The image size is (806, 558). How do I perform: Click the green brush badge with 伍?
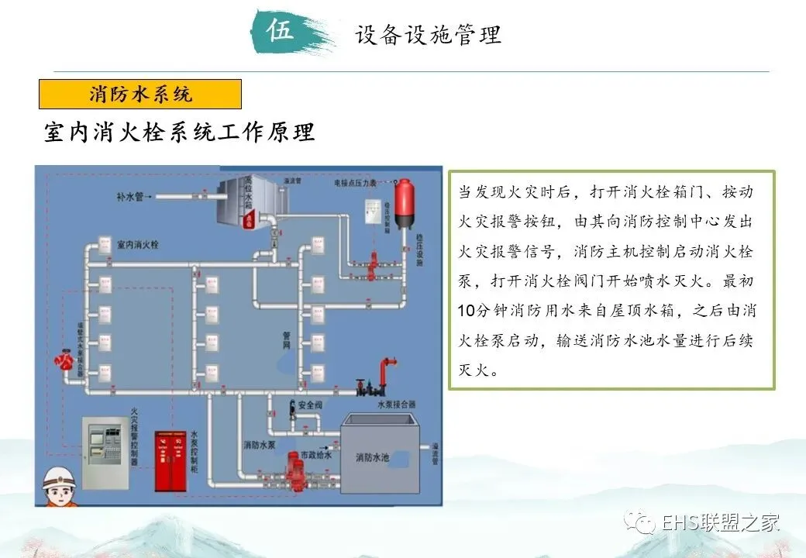pos(282,32)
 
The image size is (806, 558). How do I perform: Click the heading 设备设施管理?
pos(428,35)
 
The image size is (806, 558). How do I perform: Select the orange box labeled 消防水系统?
pos(140,95)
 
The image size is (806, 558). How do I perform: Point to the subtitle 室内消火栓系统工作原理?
pos(179,132)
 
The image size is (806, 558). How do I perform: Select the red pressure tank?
pos(403,203)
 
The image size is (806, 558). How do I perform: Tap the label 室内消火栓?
pos(137,244)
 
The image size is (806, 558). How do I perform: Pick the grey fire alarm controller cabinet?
pos(106,453)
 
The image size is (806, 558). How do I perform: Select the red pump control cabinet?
pos(171,460)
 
